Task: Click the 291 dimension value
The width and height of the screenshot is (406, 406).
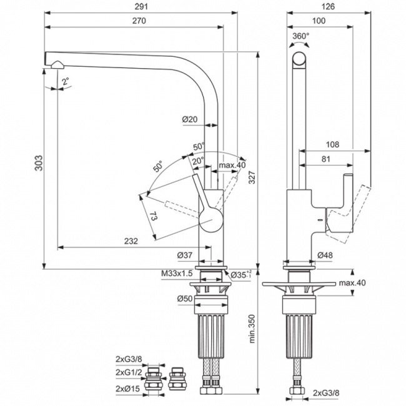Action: coord(141,6)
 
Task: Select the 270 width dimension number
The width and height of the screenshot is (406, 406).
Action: coord(139,21)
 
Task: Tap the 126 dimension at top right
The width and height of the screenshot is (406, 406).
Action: coord(329,6)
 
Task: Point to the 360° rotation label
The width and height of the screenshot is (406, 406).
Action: coord(300,36)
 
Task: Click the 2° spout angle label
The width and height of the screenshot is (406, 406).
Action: coord(66,81)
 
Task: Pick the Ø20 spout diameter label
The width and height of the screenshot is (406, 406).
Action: coord(189,119)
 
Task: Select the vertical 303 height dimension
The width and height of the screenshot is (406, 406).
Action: coord(39,163)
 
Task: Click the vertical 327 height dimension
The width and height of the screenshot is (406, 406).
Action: coord(252,177)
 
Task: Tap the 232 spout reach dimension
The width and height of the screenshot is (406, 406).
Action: coord(131,241)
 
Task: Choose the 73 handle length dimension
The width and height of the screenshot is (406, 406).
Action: coord(153,216)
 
